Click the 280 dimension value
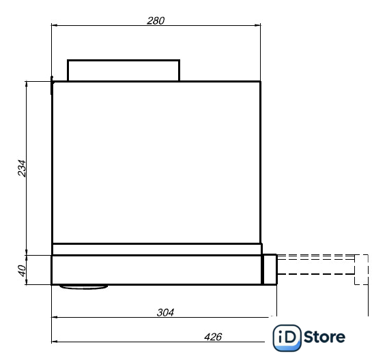coord(156,20)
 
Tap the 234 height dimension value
coord(22,168)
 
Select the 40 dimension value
coord(23,271)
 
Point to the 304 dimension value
coord(165,312)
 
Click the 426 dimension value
coord(213,337)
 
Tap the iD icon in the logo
coord(287,337)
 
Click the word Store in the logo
coord(324,337)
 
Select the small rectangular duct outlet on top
coord(124,60)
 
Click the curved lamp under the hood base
coord(84,287)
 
